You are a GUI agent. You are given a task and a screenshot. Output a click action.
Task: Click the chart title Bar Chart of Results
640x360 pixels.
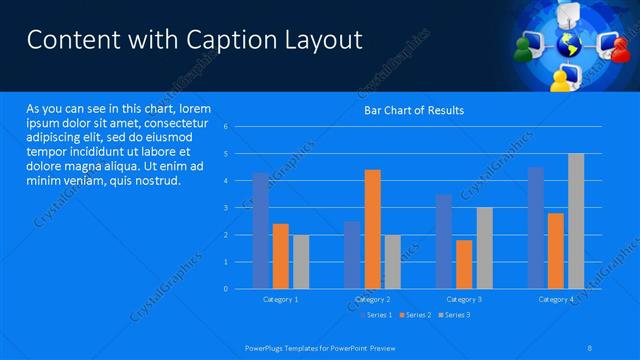click(413, 110)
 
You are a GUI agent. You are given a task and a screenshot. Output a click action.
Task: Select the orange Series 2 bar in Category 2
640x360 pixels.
click(372, 229)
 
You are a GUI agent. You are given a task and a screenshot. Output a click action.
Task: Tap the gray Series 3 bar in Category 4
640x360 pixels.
click(576, 221)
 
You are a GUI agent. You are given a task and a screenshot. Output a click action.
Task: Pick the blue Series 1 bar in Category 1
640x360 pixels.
click(260, 230)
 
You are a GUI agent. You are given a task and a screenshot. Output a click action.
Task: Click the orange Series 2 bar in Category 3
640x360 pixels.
click(464, 264)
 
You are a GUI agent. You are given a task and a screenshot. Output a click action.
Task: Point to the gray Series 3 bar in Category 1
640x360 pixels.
click(301, 261)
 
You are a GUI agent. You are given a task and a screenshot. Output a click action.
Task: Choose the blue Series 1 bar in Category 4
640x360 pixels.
click(536, 228)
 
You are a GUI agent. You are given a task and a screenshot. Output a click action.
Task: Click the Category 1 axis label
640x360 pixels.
click(280, 299)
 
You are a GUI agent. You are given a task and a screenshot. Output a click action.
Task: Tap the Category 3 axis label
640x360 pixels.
click(464, 299)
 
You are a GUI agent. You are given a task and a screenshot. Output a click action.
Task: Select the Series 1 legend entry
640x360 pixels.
click(375, 316)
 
